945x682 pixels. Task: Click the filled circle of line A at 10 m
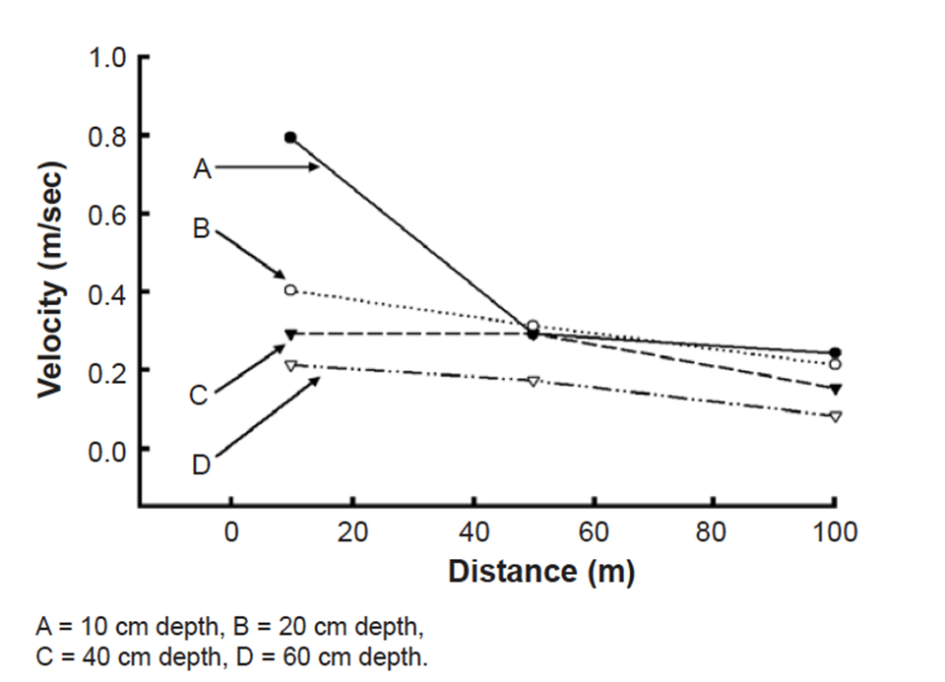(x=290, y=137)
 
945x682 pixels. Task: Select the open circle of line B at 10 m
(x=290, y=289)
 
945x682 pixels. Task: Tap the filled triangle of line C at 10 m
(x=290, y=335)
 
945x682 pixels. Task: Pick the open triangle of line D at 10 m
(x=290, y=365)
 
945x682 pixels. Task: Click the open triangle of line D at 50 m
(x=533, y=381)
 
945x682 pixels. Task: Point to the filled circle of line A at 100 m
(x=835, y=352)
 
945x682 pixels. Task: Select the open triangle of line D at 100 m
(x=835, y=416)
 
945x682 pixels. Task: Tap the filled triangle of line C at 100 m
(x=835, y=389)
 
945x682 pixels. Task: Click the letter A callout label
(x=202, y=169)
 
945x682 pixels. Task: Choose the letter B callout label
(x=202, y=228)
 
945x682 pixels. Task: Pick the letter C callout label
(x=200, y=396)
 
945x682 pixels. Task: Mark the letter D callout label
(x=201, y=464)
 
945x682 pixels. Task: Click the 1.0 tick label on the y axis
(x=107, y=57)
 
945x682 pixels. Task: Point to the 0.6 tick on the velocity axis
(x=107, y=214)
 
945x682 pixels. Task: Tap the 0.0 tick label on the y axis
(x=107, y=449)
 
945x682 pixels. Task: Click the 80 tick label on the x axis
(x=714, y=532)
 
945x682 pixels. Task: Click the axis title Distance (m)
(x=540, y=572)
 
